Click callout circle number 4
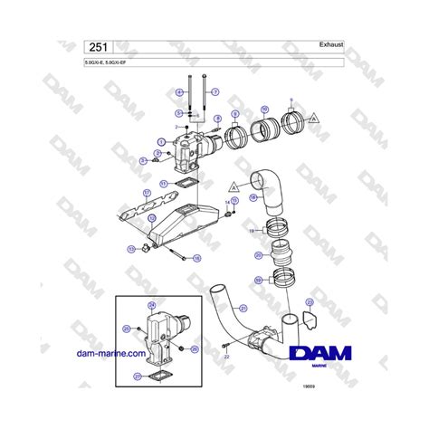pyautogui.click(x=180, y=94)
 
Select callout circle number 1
pyautogui.click(x=161, y=141)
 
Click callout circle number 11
pyautogui.click(x=163, y=183)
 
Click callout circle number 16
pyautogui.click(x=197, y=258)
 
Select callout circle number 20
pyautogui.click(x=258, y=256)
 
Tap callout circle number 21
pyautogui.click(x=243, y=309)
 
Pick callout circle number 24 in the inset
pyautogui.click(x=152, y=305)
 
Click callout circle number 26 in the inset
pyautogui.click(x=195, y=348)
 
